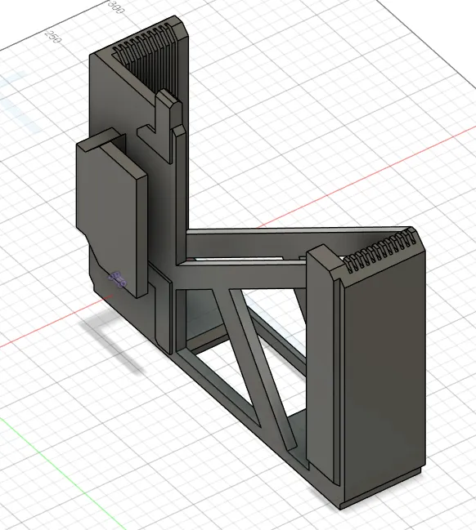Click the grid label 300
tap(116, 7)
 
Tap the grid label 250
tap(54, 37)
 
